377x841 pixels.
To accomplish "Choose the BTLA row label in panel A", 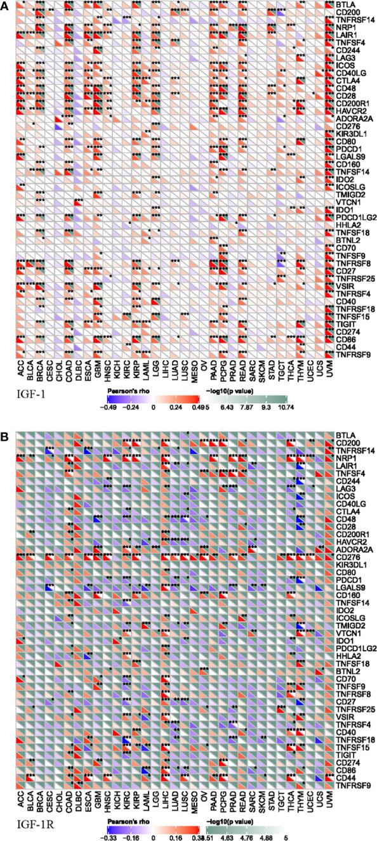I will click(x=347, y=4).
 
